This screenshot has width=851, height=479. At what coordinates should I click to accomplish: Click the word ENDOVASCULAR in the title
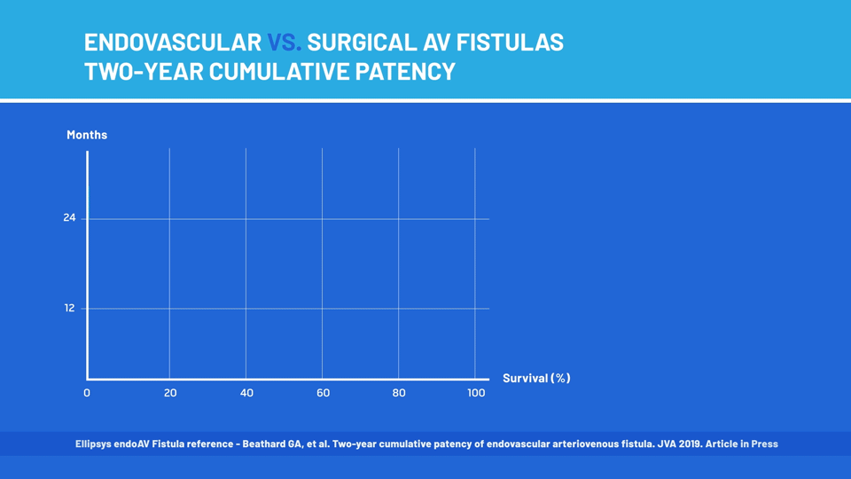173,43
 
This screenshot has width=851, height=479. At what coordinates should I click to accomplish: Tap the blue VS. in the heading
284,43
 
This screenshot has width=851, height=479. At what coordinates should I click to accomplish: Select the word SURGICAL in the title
362,43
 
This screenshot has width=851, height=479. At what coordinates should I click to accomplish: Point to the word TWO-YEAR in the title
144,71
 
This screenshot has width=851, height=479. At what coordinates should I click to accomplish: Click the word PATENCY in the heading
405,71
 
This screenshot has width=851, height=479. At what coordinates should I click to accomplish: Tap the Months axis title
87,135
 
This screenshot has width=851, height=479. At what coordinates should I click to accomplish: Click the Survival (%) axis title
536,378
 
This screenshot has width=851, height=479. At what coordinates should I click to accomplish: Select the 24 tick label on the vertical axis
69,218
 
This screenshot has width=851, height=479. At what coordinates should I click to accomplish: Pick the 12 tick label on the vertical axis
69,308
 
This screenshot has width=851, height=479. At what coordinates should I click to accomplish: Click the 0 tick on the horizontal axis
87,393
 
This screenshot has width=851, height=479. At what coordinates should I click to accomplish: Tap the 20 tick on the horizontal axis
170,393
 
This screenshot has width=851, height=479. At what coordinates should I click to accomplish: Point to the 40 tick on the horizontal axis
247,393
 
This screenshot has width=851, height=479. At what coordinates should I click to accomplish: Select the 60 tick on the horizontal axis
323,393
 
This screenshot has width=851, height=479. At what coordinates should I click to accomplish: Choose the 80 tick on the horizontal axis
399,393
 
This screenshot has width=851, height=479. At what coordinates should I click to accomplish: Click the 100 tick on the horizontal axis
476,393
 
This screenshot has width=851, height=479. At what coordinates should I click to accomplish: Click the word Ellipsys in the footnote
93,444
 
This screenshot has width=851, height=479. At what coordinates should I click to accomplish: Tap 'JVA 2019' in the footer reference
679,444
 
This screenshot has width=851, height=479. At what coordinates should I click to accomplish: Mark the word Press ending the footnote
765,444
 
